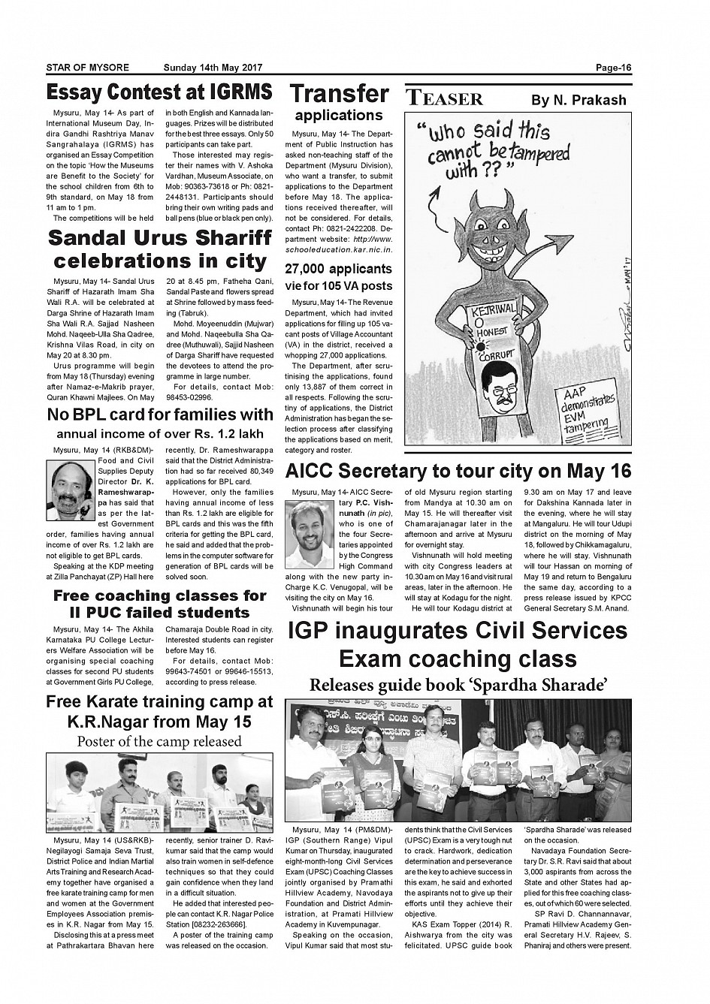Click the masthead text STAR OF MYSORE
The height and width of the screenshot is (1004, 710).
87,68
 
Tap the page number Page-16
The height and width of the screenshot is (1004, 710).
614,68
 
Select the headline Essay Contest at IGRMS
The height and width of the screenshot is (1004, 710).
159,92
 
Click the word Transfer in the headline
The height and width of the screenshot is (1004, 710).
339,94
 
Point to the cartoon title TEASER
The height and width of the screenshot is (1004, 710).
445,99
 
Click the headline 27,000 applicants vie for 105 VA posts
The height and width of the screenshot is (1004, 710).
338,276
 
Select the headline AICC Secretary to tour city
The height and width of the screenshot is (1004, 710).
458,471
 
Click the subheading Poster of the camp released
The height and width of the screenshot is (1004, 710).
159,741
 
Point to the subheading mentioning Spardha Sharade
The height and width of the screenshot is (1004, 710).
458,684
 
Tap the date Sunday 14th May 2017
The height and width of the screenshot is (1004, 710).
213,68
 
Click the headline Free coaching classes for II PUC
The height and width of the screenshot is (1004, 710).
159,604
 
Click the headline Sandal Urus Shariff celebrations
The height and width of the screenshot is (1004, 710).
159,249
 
